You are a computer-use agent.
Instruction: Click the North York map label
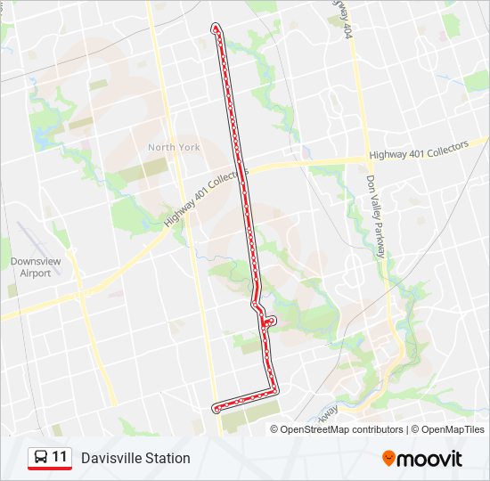pos(174,147)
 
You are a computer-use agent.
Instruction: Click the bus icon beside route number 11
pos(40,457)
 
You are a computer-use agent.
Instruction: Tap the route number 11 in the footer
pos(60,457)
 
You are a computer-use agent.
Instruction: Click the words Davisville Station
pos(135,458)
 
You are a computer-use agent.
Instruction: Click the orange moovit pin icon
pos(389,459)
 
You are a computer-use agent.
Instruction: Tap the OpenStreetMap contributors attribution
pos(341,429)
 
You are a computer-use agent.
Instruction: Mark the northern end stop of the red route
pos(215,29)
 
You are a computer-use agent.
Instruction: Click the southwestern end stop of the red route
pos(216,408)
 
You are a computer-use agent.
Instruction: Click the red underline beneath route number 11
pos(50,469)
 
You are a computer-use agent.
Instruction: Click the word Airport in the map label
pos(36,273)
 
